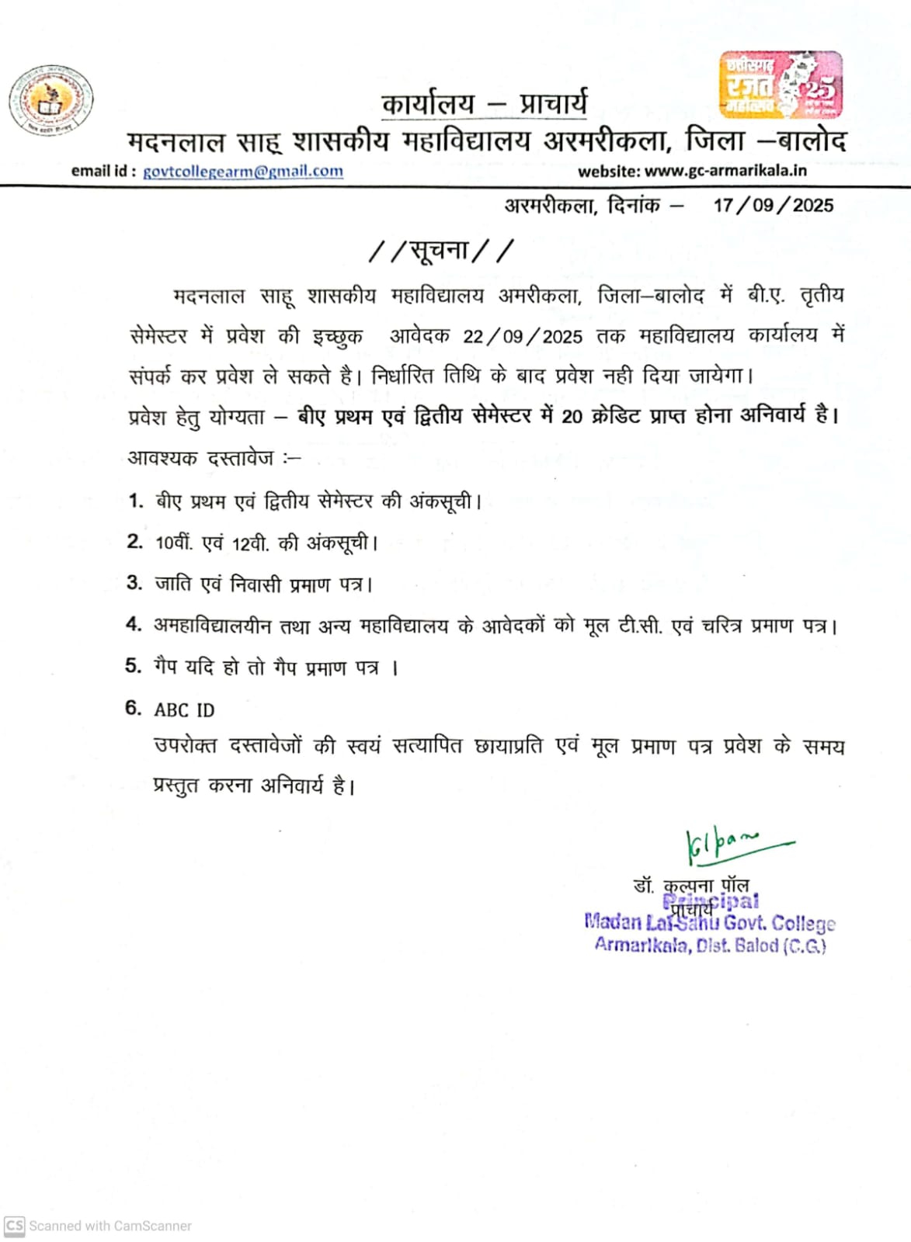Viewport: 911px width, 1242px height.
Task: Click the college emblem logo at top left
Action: (51, 101)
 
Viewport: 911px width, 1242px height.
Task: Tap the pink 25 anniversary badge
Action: (781, 85)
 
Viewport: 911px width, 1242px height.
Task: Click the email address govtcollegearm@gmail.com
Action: (242, 172)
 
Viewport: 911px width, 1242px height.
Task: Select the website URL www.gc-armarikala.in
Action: (725, 172)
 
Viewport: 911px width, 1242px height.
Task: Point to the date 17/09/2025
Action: (773, 206)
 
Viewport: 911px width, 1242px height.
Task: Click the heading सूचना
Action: (440, 251)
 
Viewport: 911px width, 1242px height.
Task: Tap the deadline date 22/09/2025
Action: (522, 337)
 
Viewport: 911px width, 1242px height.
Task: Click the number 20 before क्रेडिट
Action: (572, 417)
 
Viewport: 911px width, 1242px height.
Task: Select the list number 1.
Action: (136, 501)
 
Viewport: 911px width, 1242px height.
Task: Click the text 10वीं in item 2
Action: (172, 543)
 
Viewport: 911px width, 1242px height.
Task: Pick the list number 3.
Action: (134, 583)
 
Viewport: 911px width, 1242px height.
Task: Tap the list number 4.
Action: (134, 625)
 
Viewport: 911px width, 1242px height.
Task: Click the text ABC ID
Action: (184, 710)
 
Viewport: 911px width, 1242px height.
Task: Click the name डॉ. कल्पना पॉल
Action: (690, 885)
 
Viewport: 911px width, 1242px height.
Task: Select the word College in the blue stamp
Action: (803, 924)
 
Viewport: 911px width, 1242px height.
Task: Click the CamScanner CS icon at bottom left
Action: (15, 1226)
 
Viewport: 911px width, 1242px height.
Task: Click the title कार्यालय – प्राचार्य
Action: (485, 103)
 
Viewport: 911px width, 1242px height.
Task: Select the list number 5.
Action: (134, 666)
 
